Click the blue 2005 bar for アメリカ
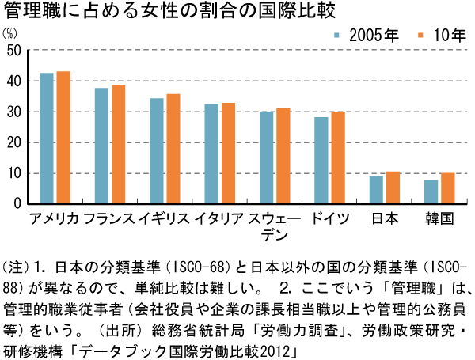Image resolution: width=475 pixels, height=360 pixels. (47, 138)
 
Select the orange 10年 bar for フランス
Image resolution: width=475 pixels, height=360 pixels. (118, 144)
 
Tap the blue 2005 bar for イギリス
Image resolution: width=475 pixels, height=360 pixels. (157, 151)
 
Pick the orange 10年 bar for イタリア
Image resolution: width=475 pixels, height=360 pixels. (228, 153)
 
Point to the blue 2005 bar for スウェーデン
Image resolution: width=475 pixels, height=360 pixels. (267, 157)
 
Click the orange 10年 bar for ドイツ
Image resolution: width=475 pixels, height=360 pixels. (338, 158)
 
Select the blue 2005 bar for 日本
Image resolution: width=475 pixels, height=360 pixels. (377, 190)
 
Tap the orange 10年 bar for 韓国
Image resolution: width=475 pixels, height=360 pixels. (448, 188)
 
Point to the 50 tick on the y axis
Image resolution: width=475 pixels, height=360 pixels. (13, 51)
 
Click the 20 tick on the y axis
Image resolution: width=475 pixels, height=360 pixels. (13, 142)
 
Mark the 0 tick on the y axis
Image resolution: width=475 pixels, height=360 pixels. (17, 203)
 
